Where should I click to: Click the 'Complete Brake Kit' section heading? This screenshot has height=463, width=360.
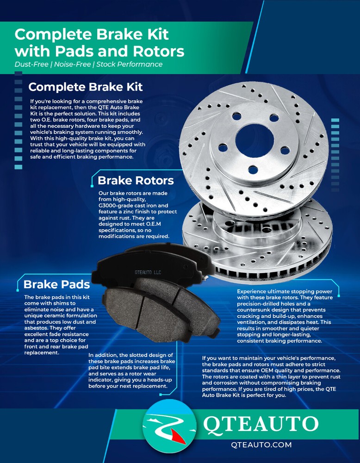tap(85, 87)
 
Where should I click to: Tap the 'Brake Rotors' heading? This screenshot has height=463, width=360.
tap(136, 180)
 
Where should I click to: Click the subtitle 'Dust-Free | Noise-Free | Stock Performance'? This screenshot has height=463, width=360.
tap(88, 64)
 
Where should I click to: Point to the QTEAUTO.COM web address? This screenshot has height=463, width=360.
tap(261, 444)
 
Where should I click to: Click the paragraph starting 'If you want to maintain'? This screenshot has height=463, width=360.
tap(278, 377)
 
